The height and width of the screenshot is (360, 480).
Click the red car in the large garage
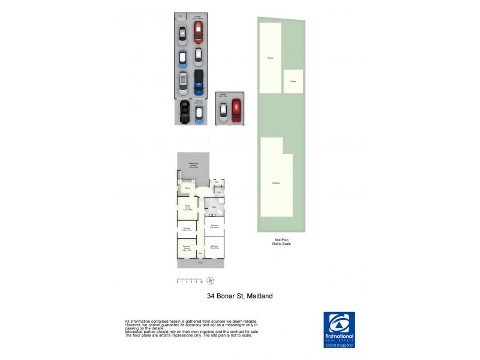(x=198, y=33)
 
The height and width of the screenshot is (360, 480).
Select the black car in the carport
(x=185, y=111)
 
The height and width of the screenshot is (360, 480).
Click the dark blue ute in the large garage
(x=199, y=82)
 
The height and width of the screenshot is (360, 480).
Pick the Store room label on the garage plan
(x=181, y=16)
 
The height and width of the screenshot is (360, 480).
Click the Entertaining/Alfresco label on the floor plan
(x=193, y=165)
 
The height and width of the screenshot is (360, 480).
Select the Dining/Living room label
(x=188, y=209)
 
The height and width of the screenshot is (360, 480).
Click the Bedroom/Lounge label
(x=187, y=248)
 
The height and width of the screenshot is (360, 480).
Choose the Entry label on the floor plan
(x=201, y=253)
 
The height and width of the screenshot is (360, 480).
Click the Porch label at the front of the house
(x=200, y=263)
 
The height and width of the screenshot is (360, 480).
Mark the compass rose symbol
(x=211, y=281)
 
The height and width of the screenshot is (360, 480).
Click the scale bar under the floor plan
(x=189, y=281)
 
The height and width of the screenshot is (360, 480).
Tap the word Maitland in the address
(x=258, y=296)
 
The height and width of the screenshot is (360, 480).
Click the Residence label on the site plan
(x=276, y=183)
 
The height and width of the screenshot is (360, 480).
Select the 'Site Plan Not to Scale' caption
(x=281, y=242)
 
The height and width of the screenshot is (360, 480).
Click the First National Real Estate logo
(x=339, y=327)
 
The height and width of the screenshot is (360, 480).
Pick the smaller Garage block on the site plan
(x=293, y=81)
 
